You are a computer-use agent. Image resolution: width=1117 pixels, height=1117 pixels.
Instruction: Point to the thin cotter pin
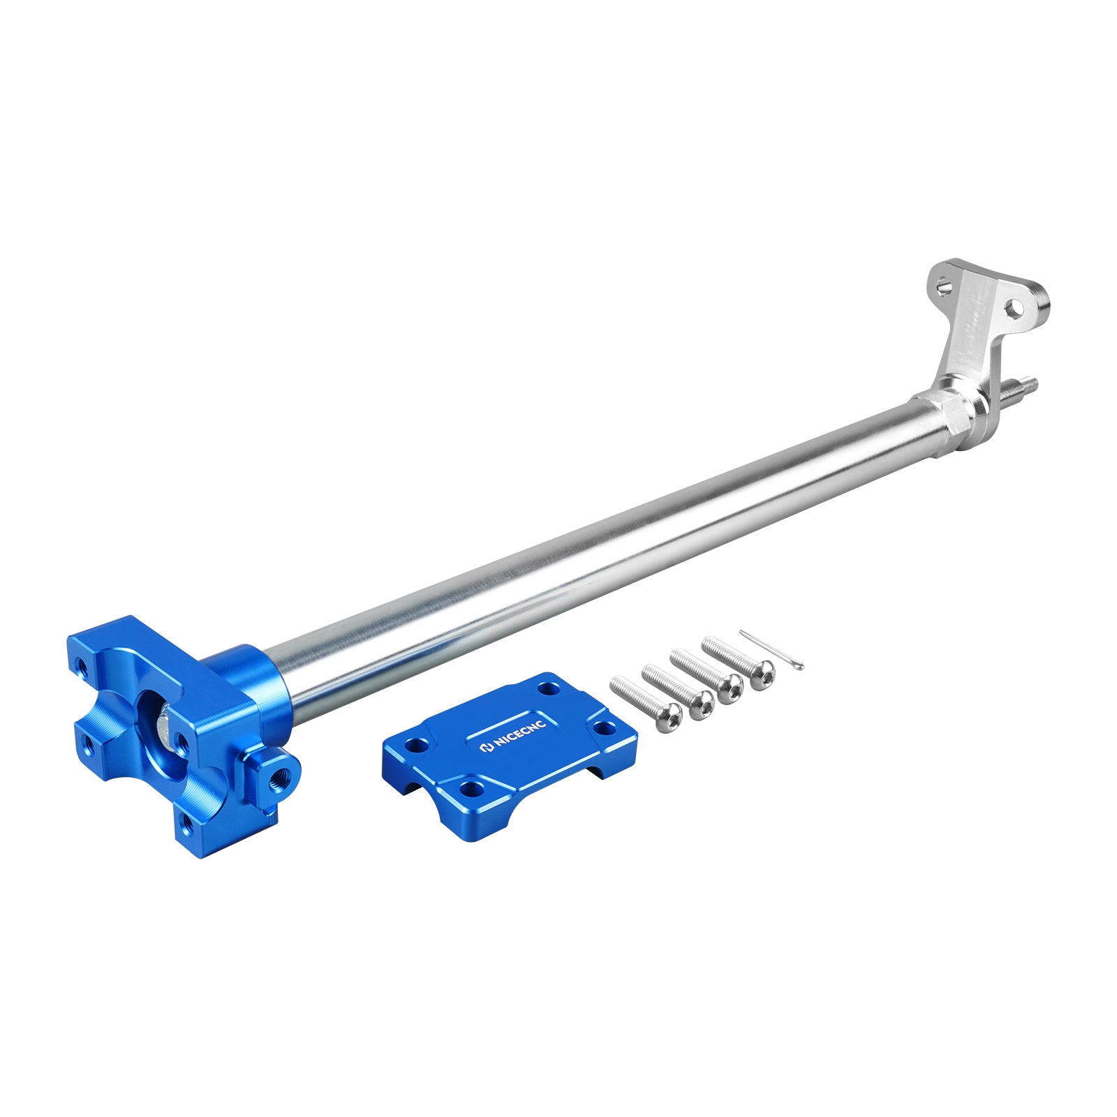point(771,650)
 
